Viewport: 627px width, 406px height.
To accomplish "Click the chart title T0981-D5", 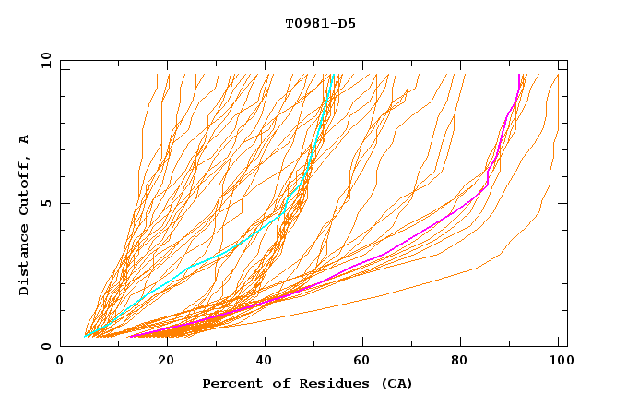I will point(320,24).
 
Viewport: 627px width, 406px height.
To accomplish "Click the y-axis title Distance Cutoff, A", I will point(24,214).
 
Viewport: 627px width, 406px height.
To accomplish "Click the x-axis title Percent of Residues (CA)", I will point(307,383).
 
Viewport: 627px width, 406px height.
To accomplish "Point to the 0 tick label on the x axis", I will point(60,362).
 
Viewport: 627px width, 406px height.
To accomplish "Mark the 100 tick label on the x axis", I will point(559,362).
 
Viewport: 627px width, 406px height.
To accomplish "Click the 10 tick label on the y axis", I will point(44,60).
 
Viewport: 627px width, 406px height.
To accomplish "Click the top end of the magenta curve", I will point(519,76).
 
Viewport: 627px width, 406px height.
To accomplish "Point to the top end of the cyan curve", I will point(331,76).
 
